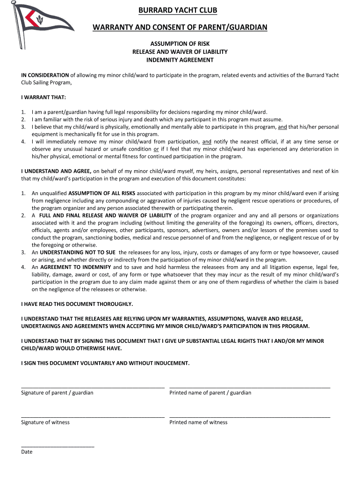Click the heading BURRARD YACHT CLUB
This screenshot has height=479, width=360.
tap(180, 10)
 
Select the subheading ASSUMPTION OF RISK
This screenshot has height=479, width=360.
tap(180, 44)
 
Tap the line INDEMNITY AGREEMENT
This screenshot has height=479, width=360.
tap(180, 60)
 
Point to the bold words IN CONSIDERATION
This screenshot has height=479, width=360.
tap(45, 75)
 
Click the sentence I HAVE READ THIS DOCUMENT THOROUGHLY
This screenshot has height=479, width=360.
tap(77, 304)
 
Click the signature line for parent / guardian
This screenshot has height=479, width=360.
tap(93, 387)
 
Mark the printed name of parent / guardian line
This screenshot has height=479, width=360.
tap(250, 387)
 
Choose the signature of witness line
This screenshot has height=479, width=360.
tap(93, 416)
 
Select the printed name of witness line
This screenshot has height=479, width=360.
tap(250, 416)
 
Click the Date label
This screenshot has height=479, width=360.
tap(27, 452)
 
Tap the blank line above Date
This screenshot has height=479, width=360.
tap(58, 446)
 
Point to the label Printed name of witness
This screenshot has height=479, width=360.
tap(198, 422)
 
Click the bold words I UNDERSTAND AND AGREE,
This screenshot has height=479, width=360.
tap(57, 171)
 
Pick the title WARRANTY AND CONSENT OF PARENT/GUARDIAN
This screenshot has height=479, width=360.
tap(180, 28)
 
